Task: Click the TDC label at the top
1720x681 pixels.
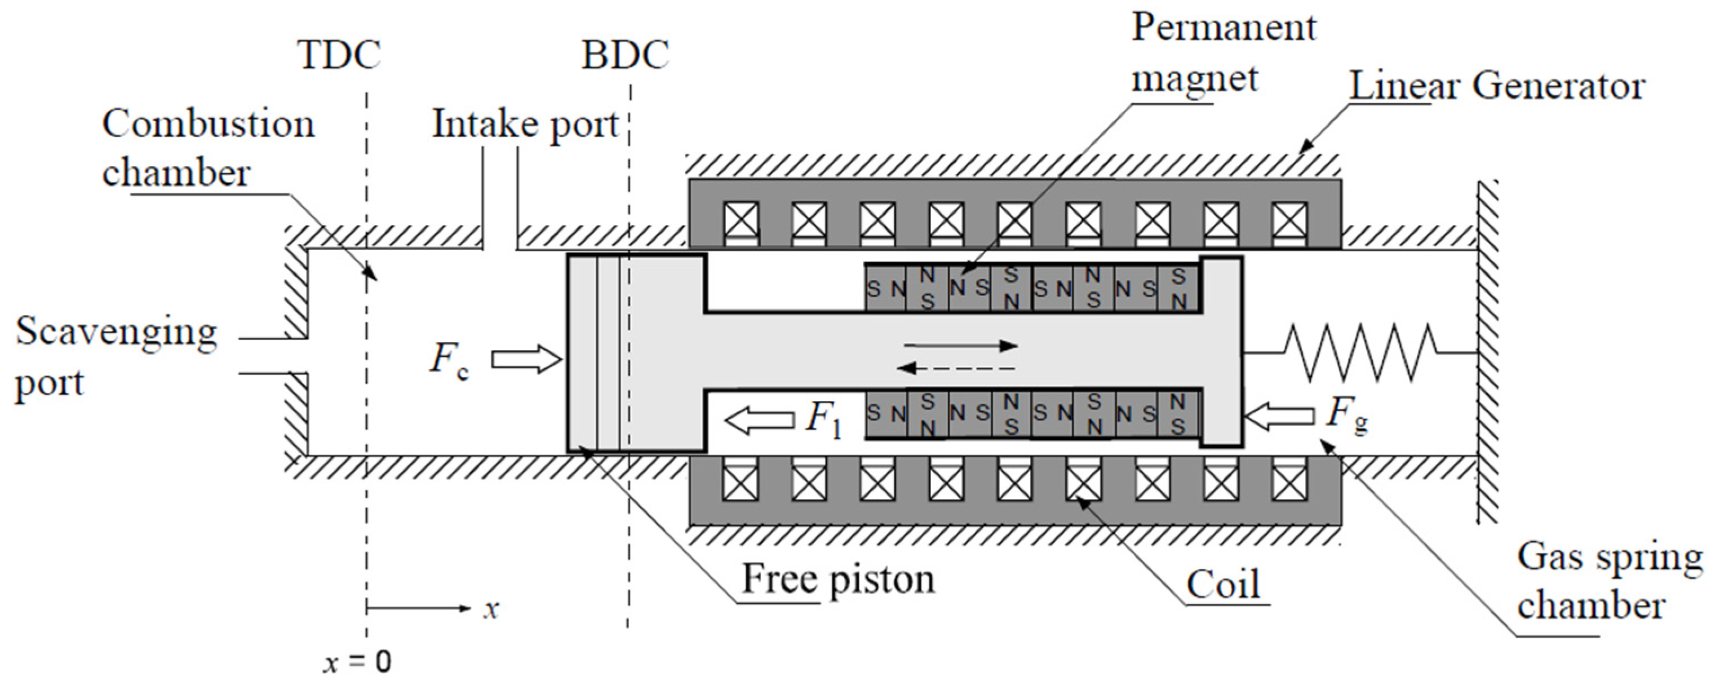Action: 339,55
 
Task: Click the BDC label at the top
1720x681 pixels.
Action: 625,55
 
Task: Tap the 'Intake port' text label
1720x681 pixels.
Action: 525,124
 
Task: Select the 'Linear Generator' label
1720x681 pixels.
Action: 1497,86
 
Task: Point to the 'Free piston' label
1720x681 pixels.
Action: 838,579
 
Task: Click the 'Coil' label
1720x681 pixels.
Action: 1223,585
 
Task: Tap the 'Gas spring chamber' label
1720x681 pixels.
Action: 1609,581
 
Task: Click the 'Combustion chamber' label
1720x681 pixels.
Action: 207,148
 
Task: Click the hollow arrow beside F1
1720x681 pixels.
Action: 759,421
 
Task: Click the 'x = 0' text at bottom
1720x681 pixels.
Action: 358,662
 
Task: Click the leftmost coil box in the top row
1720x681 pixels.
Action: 741,220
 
